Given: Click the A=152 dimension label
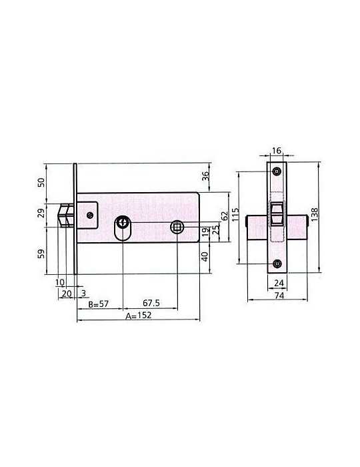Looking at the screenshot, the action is click(x=139, y=316).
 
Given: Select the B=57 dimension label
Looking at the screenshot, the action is click(x=99, y=304).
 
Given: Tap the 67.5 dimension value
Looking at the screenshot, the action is click(x=151, y=303).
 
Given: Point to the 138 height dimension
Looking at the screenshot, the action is click(x=314, y=214).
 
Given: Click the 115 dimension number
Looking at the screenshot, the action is click(x=235, y=214).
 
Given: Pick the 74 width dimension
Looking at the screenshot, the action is click(x=279, y=295).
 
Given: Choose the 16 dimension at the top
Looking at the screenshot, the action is click(x=277, y=151).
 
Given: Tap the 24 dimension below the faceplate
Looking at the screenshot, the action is click(x=279, y=283).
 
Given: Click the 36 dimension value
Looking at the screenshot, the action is click(x=206, y=177).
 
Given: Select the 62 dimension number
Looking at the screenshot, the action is click(x=225, y=215).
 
